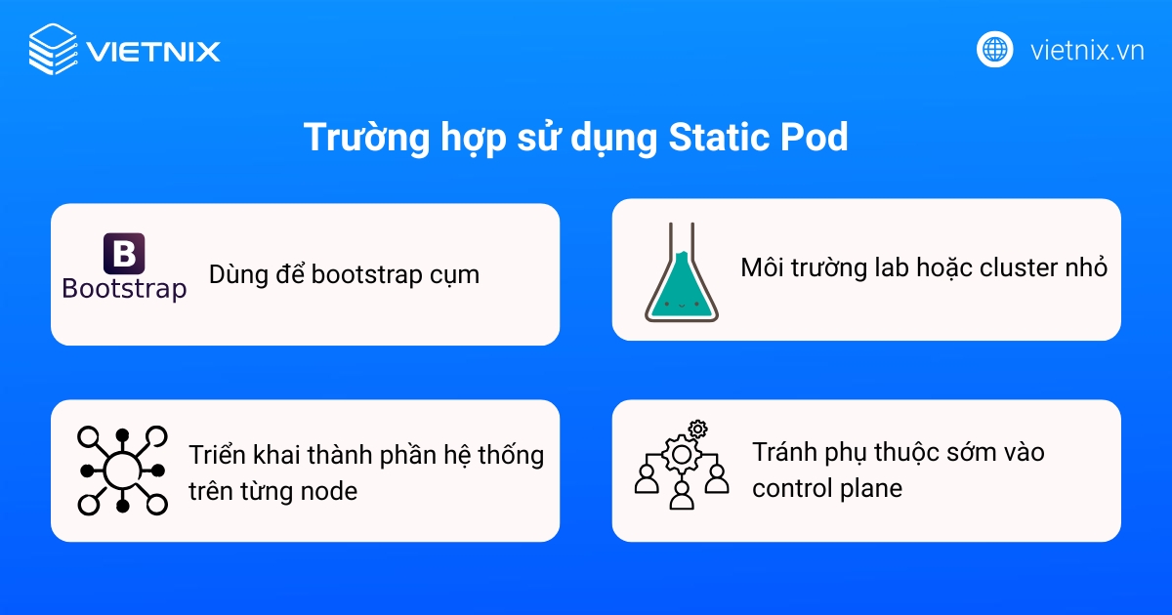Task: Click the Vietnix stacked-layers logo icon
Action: (53, 49)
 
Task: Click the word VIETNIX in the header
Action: (152, 51)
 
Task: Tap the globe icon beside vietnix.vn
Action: (995, 49)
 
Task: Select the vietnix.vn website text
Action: (1087, 50)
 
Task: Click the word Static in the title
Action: (714, 138)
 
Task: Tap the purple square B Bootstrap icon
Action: (124, 254)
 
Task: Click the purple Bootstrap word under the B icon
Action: (124, 289)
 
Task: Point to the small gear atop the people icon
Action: (697, 429)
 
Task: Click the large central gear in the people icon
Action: (681, 453)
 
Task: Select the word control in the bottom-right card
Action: (786, 487)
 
